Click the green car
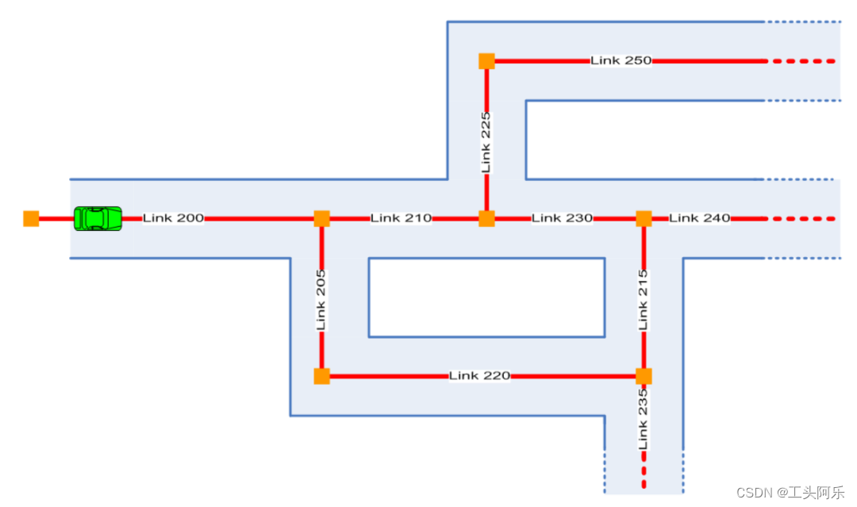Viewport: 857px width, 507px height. click(x=98, y=218)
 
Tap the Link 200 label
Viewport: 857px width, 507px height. click(x=173, y=218)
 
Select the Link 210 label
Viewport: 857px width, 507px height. click(x=401, y=218)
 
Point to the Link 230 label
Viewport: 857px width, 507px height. click(x=562, y=218)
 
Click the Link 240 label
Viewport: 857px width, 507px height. click(x=699, y=218)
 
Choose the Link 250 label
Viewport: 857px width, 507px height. click(x=621, y=60)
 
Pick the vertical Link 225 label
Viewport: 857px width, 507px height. click(x=486, y=142)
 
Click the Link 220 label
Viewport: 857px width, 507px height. click(x=479, y=375)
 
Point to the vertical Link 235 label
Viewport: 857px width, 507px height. click(x=644, y=418)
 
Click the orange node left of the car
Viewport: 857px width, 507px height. click(x=31, y=218)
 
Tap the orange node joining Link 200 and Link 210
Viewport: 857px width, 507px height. click(x=321, y=218)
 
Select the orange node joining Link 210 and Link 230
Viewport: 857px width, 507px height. click(x=486, y=218)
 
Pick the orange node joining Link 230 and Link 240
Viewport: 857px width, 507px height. click(x=644, y=218)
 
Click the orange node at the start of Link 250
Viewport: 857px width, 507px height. click(x=486, y=60)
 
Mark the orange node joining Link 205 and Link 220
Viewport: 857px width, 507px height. click(x=321, y=375)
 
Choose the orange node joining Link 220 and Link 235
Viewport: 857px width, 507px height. click(x=644, y=375)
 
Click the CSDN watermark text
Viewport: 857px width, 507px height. click(x=790, y=493)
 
